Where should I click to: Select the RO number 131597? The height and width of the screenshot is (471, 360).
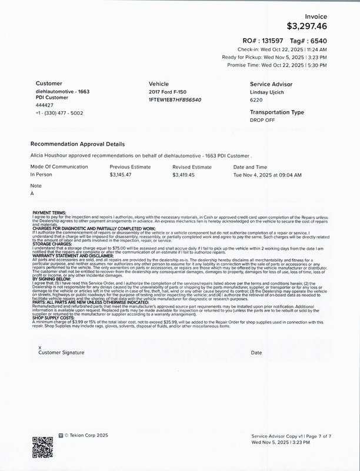[272, 40]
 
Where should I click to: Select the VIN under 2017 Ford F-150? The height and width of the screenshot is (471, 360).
[175, 100]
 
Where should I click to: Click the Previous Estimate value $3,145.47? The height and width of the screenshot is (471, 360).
[124, 175]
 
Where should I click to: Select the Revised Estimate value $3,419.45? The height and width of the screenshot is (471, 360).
[186, 175]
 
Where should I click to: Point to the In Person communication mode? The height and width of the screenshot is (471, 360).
[42, 175]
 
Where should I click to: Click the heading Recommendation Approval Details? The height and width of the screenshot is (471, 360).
[77, 144]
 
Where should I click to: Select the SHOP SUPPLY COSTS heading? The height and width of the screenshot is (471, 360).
[53, 319]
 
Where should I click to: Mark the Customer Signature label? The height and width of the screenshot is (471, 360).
[61, 352]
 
